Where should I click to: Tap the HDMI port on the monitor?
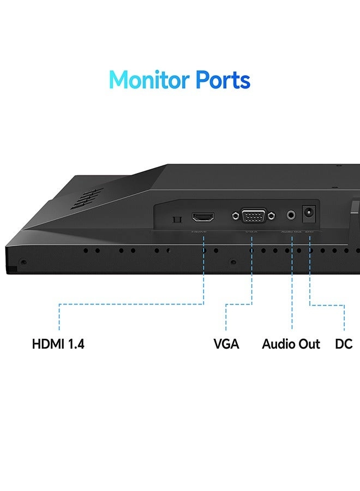pyautogui.click(x=203, y=217)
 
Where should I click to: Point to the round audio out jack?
pyautogui.click(x=292, y=215)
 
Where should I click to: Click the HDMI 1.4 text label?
pyautogui.click(x=58, y=344)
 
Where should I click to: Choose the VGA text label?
pyautogui.click(x=226, y=344)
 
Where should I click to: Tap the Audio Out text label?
pyautogui.click(x=291, y=344)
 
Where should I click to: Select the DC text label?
pyautogui.click(x=344, y=344)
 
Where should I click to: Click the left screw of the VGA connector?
pyautogui.click(x=235, y=216)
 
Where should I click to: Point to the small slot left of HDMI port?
pyautogui.click(x=176, y=219)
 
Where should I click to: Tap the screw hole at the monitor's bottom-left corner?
pyautogui.click(x=22, y=262)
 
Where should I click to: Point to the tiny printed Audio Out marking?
pyautogui.click(x=291, y=232)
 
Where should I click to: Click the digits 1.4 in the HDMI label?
pyautogui.click(x=75, y=344)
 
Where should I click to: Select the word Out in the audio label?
pyautogui.click(x=309, y=344)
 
